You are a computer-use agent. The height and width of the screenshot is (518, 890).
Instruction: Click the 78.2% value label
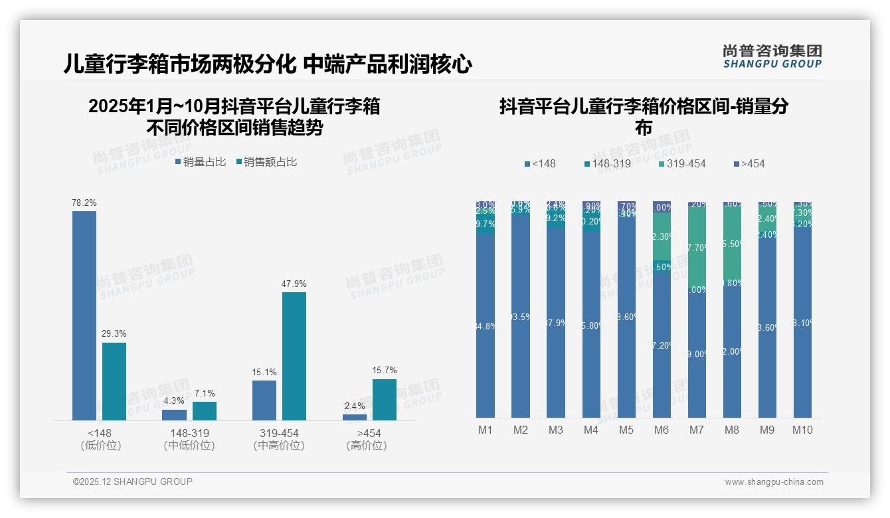click(84, 203)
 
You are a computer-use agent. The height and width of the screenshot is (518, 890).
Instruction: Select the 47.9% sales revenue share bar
click(294, 356)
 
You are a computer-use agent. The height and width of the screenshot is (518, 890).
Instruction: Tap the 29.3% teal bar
click(114, 381)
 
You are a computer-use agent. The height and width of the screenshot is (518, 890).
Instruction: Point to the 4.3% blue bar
click(175, 415)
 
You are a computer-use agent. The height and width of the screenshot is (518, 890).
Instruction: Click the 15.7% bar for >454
click(385, 400)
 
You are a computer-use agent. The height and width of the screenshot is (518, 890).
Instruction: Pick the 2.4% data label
click(355, 406)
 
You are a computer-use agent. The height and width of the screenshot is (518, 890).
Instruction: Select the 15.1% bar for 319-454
click(264, 400)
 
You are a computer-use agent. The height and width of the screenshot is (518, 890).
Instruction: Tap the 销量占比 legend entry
click(201, 161)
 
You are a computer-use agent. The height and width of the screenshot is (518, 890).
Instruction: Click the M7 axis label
click(696, 430)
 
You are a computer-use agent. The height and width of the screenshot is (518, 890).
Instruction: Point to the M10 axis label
click(802, 430)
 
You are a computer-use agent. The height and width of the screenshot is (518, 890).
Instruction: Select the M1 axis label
click(486, 430)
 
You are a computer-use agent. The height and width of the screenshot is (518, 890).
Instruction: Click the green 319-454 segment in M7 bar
click(697, 247)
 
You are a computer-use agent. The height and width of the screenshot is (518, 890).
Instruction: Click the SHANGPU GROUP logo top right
click(772, 56)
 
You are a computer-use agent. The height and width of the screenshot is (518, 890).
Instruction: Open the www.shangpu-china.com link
click(774, 482)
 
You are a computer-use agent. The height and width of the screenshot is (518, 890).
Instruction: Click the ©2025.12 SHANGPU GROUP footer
click(133, 481)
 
